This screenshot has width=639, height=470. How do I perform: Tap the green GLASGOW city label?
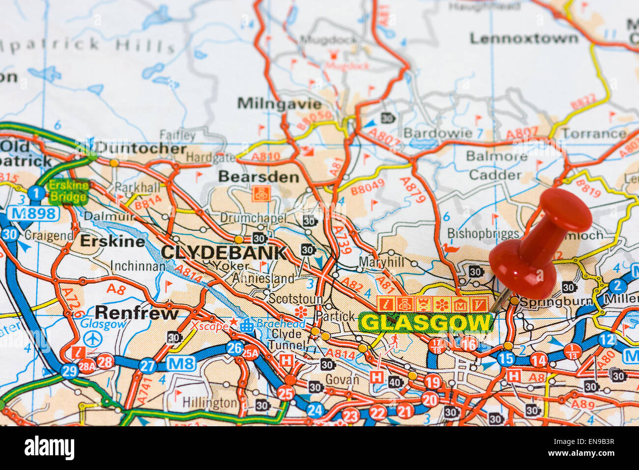tap(426, 323)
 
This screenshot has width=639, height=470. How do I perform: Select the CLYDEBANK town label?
tap(224, 253)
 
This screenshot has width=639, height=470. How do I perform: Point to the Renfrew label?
tap(137, 313)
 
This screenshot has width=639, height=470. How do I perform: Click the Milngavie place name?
tap(279, 104)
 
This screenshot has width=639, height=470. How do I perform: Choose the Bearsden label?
tap(259, 176)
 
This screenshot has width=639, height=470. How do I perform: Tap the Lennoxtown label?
tap(524, 38)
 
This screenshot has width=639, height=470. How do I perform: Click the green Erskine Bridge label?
tap(69, 192)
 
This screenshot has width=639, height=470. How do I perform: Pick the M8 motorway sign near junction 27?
tap(181, 364)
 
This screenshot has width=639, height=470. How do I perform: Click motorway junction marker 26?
tap(234, 348)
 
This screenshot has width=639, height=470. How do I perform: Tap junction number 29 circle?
tap(69, 371)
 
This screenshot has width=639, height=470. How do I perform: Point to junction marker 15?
tap(506, 359)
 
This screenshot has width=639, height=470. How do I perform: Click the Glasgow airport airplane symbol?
tap(91, 339)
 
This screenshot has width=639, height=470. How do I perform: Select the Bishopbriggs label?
tap(483, 234)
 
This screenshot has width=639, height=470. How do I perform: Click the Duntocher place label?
tap(141, 148)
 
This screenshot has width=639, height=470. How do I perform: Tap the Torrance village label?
tap(594, 134)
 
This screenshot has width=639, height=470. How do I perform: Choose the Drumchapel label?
tap(253, 218)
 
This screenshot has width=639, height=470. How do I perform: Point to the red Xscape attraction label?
tap(209, 325)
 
